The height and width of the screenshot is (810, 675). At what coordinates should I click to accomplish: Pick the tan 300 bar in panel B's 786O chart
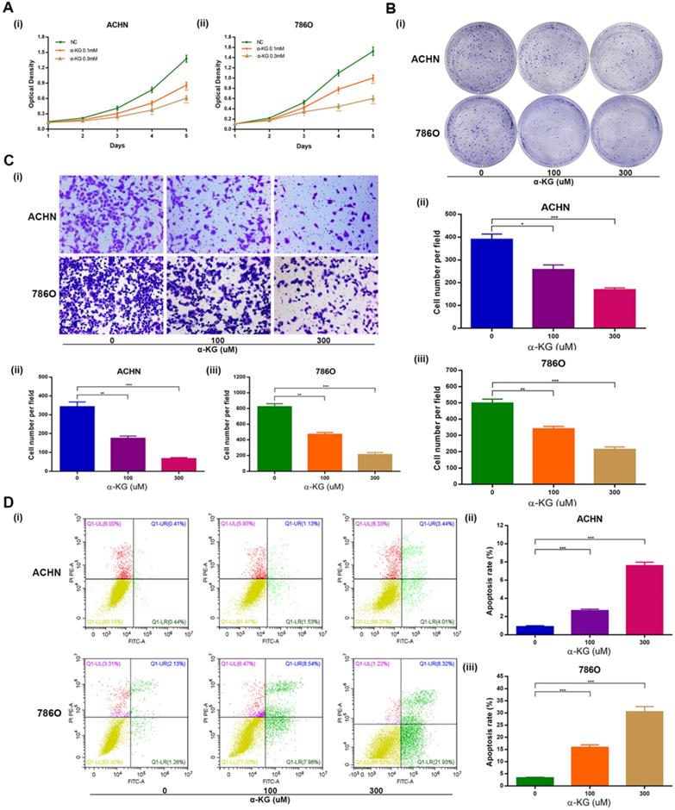[615, 465]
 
